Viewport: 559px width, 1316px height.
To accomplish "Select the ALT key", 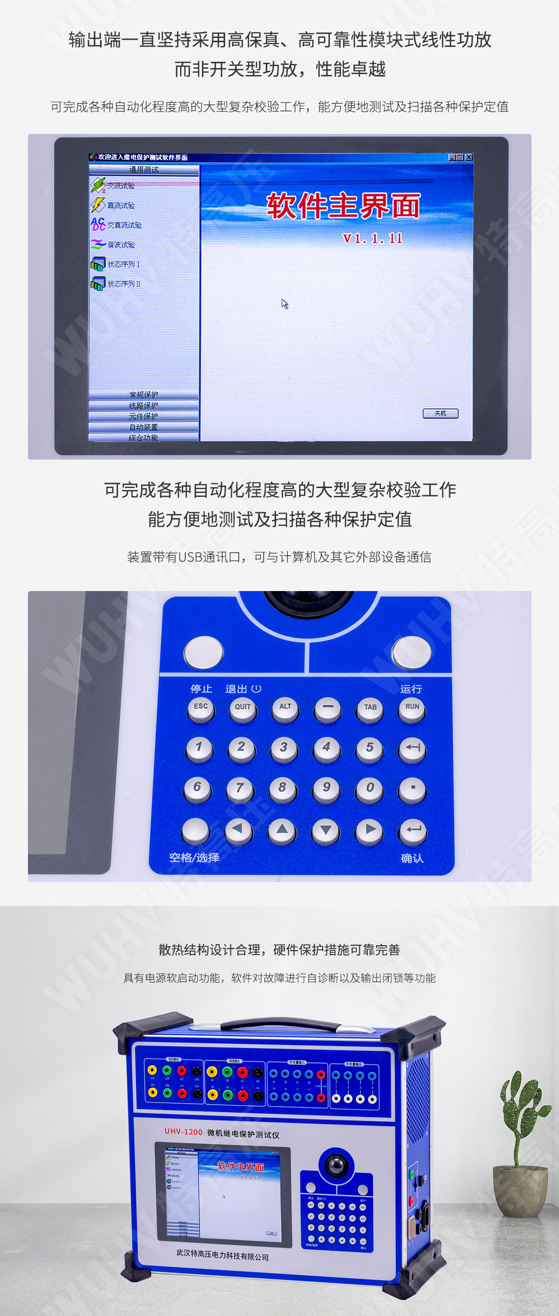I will [x=285, y=708].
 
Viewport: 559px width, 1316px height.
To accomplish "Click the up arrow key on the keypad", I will [x=282, y=830].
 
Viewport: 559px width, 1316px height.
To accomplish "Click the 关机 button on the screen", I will [x=440, y=413].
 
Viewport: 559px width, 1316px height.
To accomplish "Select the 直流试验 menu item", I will [x=121, y=206].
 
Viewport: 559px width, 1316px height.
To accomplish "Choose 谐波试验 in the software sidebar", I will [x=121, y=245].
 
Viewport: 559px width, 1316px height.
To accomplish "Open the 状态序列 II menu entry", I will [x=123, y=284].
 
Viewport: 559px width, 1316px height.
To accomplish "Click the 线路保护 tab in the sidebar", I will [x=144, y=406].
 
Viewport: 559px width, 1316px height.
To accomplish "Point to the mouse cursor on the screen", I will [x=284, y=304].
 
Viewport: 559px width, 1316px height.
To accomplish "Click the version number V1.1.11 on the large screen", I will [x=372, y=238].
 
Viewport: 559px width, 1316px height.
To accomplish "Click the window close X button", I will [x=469, y=157].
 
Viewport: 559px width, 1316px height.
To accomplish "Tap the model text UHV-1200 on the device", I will [x=183, y=1132].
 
